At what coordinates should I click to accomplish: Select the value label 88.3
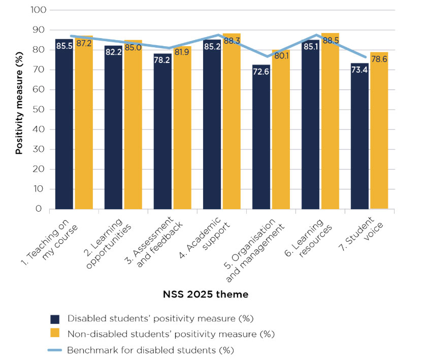232,41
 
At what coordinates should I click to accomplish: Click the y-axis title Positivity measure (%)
19,110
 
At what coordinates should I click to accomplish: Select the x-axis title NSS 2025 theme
206,294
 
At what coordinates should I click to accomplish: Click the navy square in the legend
55,319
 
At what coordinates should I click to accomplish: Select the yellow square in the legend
55,334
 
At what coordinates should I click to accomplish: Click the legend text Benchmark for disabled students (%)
150,350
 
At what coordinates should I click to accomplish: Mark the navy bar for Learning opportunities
113,127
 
